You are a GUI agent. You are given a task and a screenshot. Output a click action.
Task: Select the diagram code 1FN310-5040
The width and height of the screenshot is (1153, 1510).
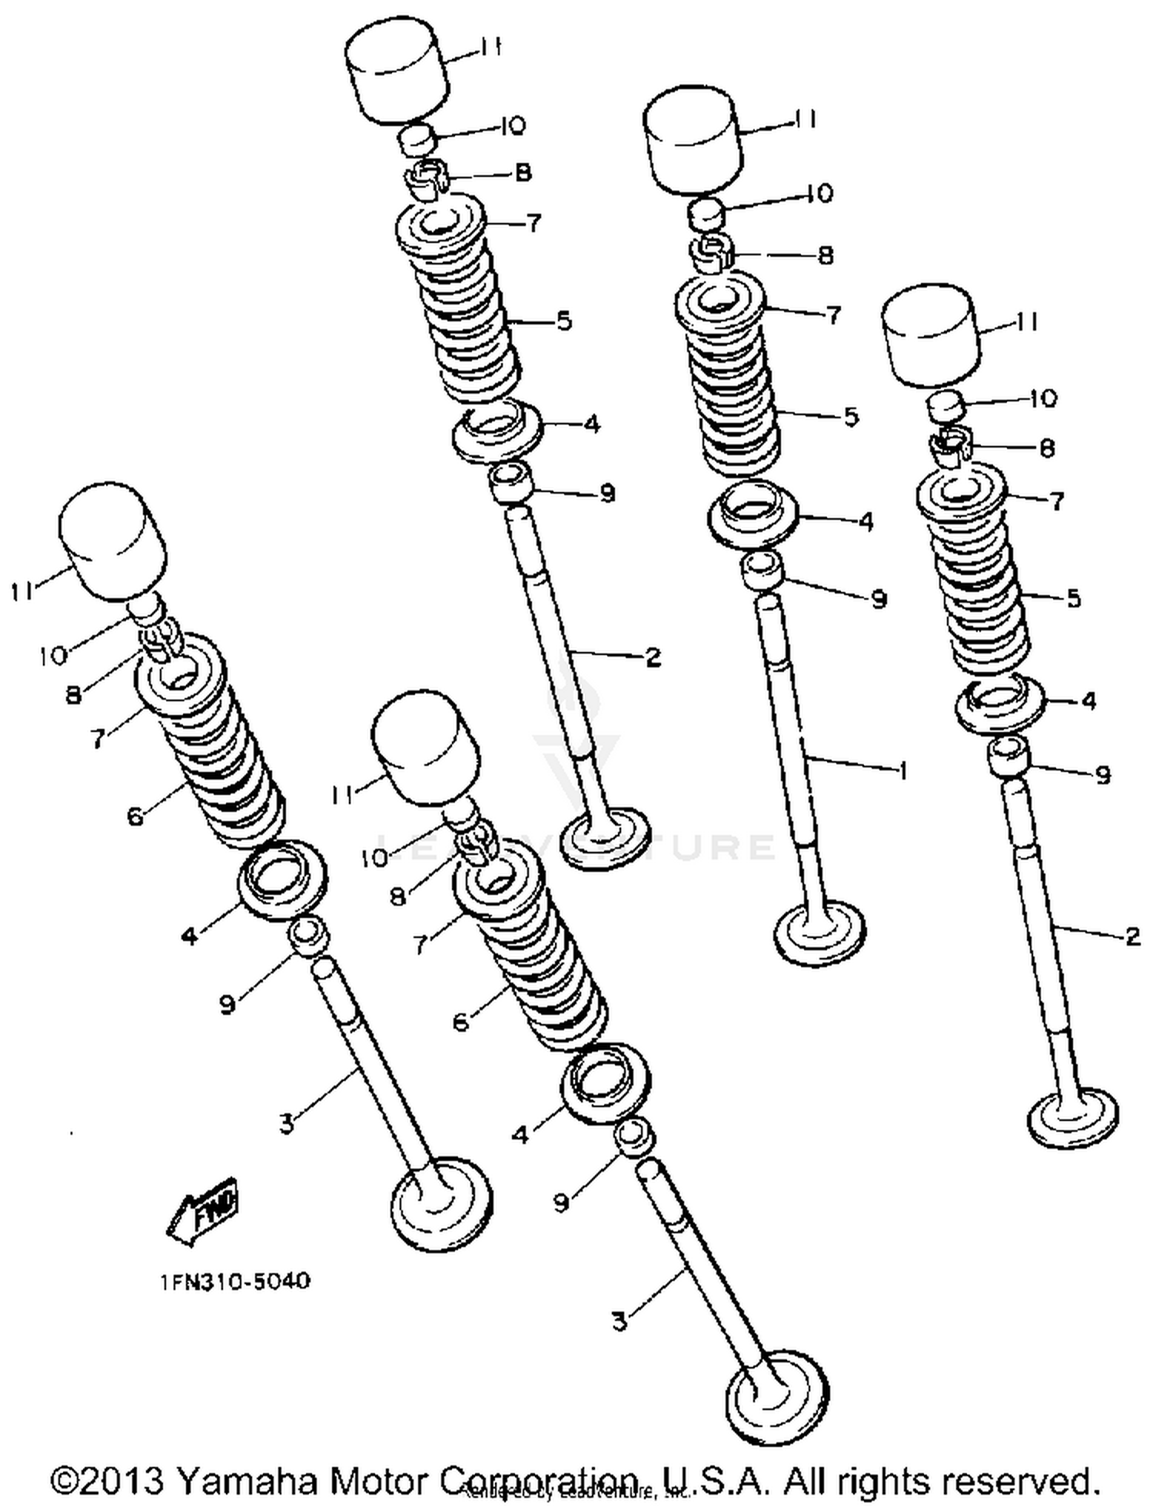coord(236,1282)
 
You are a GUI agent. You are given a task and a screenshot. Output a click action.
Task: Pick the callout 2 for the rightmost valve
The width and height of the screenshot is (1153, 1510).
coord(1132,936)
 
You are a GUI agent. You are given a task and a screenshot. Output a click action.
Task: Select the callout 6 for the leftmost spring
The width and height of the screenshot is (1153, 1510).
coord(135,816)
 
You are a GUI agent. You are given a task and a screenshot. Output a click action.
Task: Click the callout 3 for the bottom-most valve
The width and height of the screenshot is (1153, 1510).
coord(620,1321)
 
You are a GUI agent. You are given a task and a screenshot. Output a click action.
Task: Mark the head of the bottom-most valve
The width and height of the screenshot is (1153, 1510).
coord(776,1393)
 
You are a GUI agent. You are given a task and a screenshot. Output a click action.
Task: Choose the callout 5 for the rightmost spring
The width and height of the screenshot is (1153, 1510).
coord(1074,597)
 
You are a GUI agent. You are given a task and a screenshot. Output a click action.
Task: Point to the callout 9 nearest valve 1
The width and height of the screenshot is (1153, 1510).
coord(879,598)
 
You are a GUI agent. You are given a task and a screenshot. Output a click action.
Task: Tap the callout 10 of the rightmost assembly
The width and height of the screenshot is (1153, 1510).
coord(1043,398)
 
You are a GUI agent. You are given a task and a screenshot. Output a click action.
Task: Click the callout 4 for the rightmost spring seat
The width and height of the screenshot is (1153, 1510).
coord(1088,700)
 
